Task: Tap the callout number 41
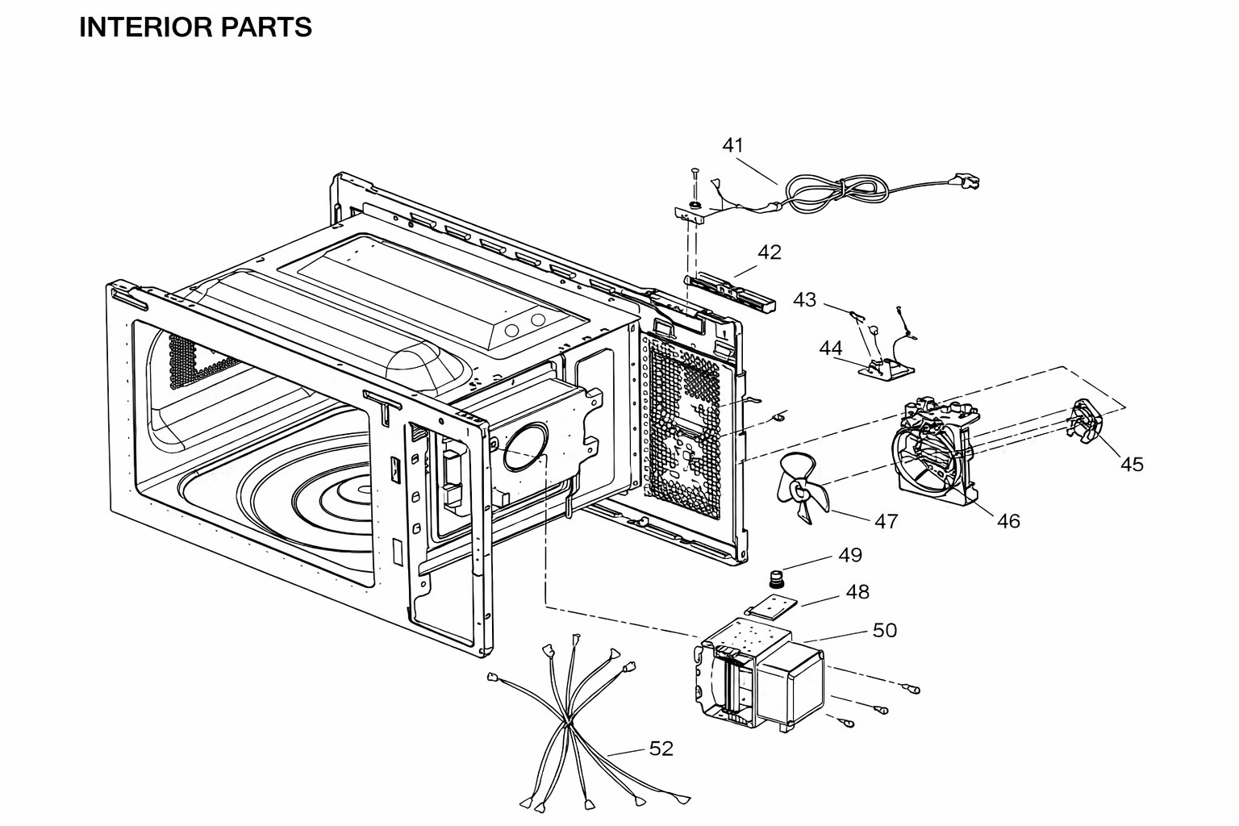[733, 145]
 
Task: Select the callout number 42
[770, 252]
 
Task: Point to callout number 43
[805, 300]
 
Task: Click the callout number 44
[831, 348]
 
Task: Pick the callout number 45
[1132, 465]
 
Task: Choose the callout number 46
[1008, 521]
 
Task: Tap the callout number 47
[886, 521]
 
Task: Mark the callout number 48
[858, 593]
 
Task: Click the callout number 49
[850, 555]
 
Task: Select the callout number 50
[885, 631]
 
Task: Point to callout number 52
[661, 749]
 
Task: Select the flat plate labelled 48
[772, 607]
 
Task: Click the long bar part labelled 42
[730, 291]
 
